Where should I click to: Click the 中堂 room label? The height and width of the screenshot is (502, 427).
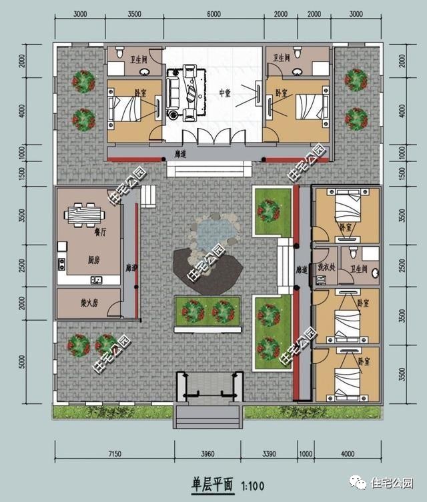(224, 93)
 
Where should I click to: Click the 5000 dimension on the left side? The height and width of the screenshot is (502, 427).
(22, 361)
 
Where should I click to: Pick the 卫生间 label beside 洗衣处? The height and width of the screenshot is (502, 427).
(360, 269)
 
